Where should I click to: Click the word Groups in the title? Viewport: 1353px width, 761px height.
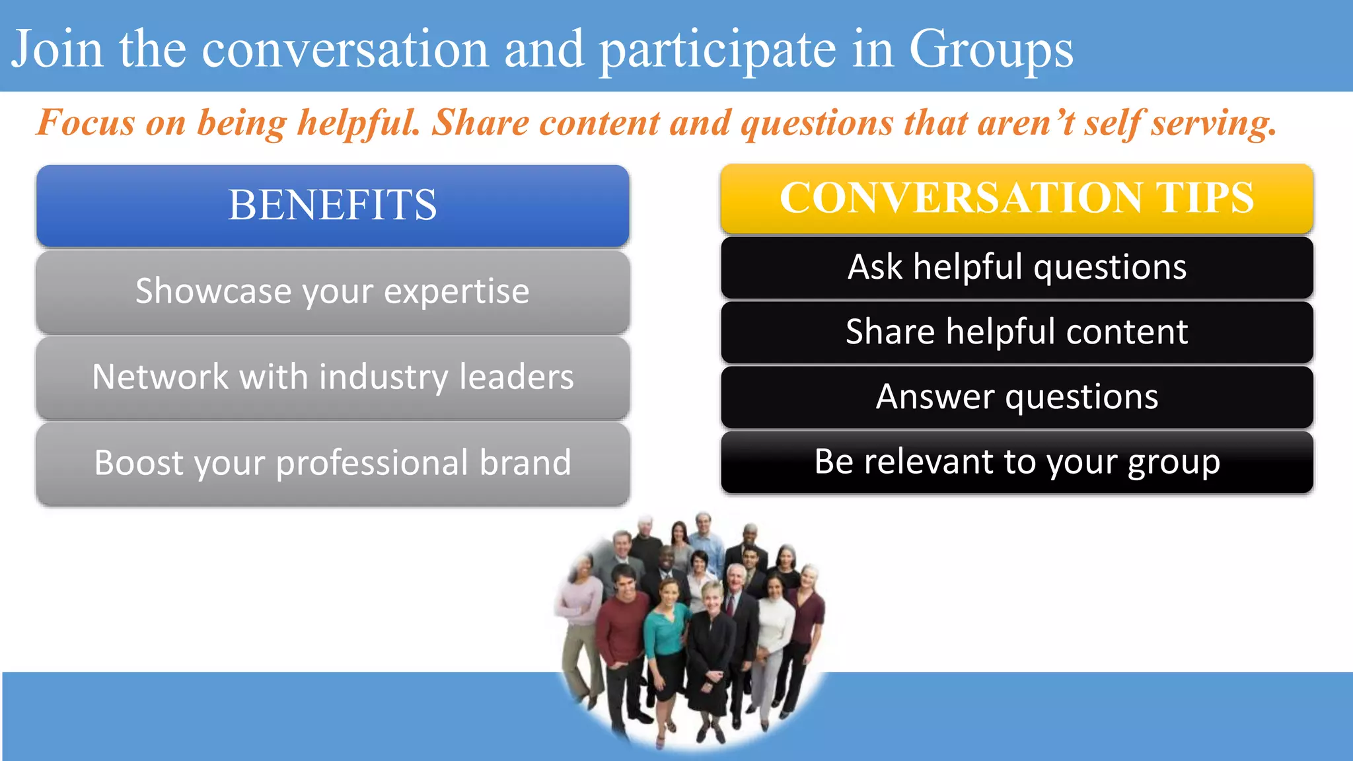click(991, 50)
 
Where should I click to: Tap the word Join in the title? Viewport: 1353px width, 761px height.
click(57, 50)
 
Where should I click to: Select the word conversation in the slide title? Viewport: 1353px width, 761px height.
click(344, 50)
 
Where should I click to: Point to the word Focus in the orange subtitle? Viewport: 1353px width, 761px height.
click(86, 123)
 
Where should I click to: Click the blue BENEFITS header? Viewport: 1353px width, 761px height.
click(332, 205)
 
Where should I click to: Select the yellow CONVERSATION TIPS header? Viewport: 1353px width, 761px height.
click(1017, 198)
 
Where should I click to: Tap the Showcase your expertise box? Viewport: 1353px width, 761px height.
click(332, 291)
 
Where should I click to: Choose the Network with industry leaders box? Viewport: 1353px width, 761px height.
click(332, 377)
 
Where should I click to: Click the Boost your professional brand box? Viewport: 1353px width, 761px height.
click(332, 463)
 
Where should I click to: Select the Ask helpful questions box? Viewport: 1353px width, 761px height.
click(1017, 268)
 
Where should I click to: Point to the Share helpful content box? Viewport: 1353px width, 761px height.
click(1017, 332)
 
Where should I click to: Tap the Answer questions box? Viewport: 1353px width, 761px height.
click(1017, 397)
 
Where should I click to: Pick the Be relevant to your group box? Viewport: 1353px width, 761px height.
click(1017, 462)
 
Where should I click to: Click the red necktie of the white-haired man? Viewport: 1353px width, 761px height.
click(731, 604)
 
